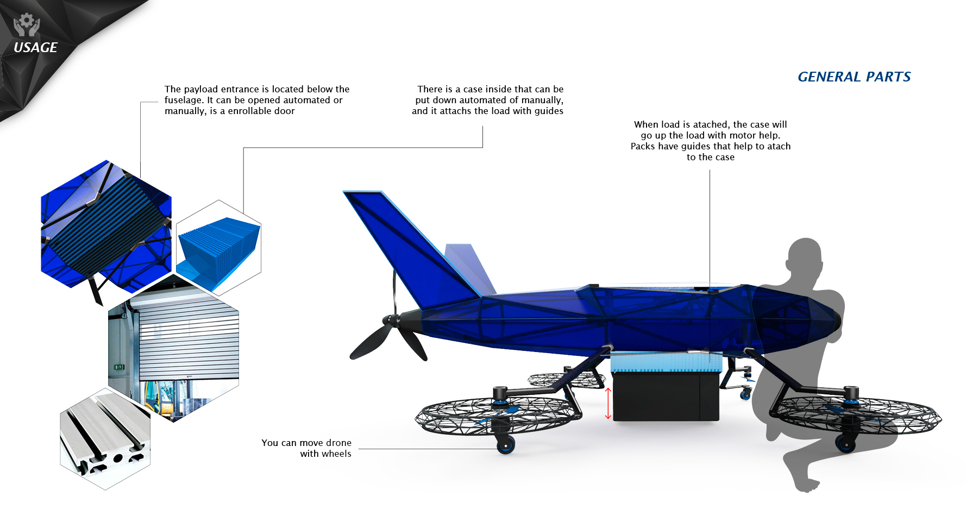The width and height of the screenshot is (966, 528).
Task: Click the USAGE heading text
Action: click(x=35, y=48)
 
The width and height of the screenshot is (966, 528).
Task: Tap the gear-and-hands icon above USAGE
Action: click(x=27, y=24)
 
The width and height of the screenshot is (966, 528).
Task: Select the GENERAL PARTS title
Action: click(x=854, y=77)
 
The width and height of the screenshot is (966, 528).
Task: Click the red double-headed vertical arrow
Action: click(x=608, y=403)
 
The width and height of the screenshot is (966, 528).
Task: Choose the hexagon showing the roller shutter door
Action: click(x=174, y=348)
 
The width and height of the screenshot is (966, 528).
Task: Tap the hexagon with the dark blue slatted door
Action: click(x=106, y=223)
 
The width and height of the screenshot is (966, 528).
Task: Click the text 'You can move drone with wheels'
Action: click(x=306, y=448)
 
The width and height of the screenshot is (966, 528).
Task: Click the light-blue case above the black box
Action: click(x=666, y=363)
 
